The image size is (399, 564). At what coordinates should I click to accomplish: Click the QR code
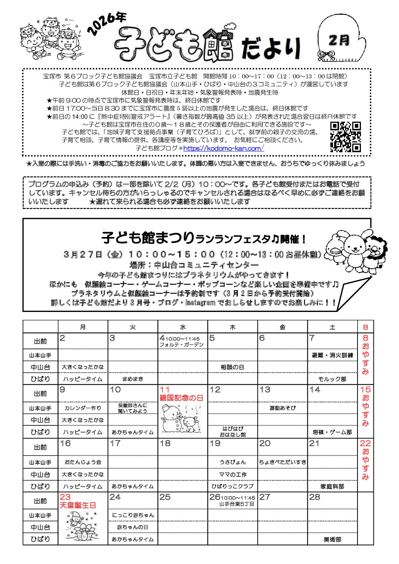345,137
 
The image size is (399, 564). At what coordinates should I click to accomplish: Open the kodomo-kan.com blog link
223,148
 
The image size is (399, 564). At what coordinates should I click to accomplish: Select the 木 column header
232,327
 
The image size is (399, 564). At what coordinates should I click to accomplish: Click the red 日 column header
365,327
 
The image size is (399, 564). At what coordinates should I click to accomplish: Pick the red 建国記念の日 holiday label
181,398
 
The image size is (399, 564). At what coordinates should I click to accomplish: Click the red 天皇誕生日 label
78,505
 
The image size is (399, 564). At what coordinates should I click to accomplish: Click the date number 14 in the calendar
315,390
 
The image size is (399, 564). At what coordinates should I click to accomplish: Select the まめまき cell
133,379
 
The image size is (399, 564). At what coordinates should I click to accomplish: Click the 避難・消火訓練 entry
332,355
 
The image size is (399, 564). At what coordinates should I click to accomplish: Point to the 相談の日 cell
232,367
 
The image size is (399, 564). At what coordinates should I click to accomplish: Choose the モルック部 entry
332,379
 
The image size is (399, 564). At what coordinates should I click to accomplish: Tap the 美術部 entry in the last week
332,540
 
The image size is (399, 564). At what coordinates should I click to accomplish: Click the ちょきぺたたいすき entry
282,462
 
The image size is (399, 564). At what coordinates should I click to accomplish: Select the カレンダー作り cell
83,408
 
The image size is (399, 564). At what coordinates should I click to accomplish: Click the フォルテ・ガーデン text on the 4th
181,345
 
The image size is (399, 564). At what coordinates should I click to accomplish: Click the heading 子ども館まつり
148,238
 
